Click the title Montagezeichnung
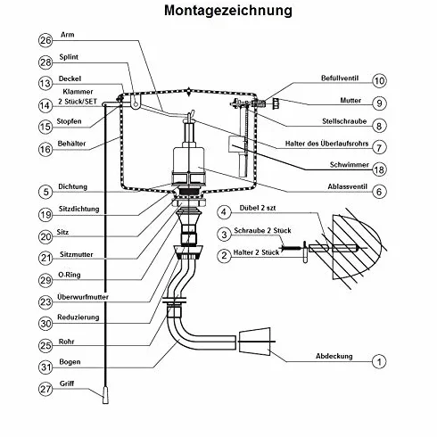tap(228, 11)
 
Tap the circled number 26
tap(45, 40)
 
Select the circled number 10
tap(379, 80)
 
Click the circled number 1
tap(379, 361)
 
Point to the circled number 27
tap(45, 389)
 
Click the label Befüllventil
tap(340, 78)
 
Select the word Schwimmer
tap(350, 165)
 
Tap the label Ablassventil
tap(347, 186)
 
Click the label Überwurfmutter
tap(83, 297)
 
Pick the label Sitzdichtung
tap(78, 209)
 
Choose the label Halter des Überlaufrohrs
tap(326, 144)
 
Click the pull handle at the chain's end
tap(105, 395)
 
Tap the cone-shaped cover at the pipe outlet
tap(255, 342)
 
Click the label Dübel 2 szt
tap(258, 208)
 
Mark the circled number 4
tap(224, 212)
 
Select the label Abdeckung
tap(334, 356)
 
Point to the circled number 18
tap(379, 169)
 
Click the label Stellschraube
tap(344, 121)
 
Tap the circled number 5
tap(45, 192)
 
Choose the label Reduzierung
tap(78, 317)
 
